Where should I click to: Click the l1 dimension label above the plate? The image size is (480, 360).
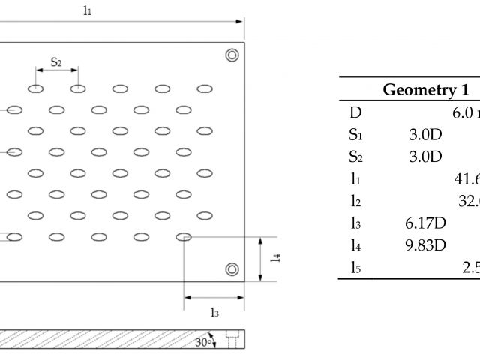(88, 11)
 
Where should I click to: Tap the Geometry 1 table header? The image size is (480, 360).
(416, 91)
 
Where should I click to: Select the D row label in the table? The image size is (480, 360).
(355, 113)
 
